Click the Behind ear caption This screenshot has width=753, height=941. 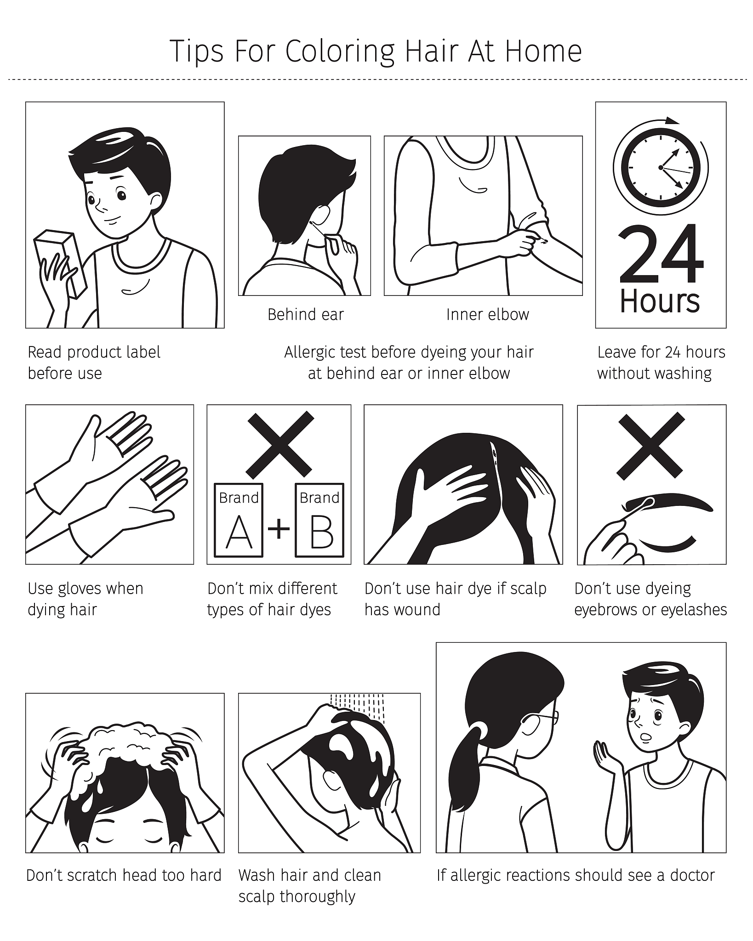(306, 315)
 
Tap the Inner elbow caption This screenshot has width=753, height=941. (488, 315)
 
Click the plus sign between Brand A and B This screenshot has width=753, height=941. (279, 529)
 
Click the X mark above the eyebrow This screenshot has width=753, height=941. (650, 445)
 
